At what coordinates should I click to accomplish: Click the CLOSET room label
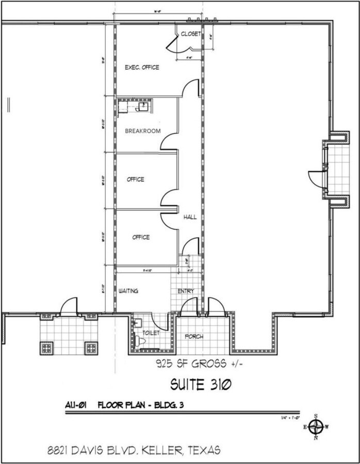[x=190, y=34]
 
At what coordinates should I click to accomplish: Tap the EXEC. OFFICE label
[x=142, y=68]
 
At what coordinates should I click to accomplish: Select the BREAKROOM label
[x=143, y=131]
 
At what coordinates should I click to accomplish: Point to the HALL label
[x=190, y=218]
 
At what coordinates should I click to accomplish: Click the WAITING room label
[x=128, y=291]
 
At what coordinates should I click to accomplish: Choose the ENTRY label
[x=186, y=291]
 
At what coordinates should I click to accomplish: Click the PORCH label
[x=194, y=337]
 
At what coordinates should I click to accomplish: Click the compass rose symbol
[x=318, y=427]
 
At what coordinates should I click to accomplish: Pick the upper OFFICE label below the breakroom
[x=136, y=179]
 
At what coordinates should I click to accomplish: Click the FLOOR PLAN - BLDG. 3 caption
[x=140, y=404]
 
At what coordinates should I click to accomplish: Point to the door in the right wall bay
[x=315, y=176]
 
